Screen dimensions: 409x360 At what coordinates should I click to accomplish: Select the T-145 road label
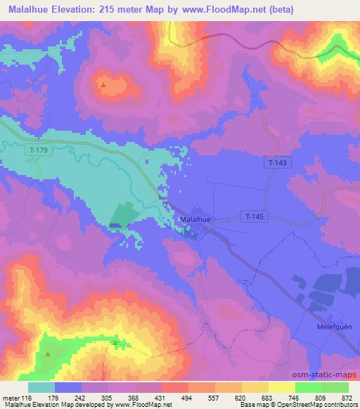click(x=254, y=216)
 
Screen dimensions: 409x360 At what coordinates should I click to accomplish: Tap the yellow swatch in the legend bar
click(x=282, y=387)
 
